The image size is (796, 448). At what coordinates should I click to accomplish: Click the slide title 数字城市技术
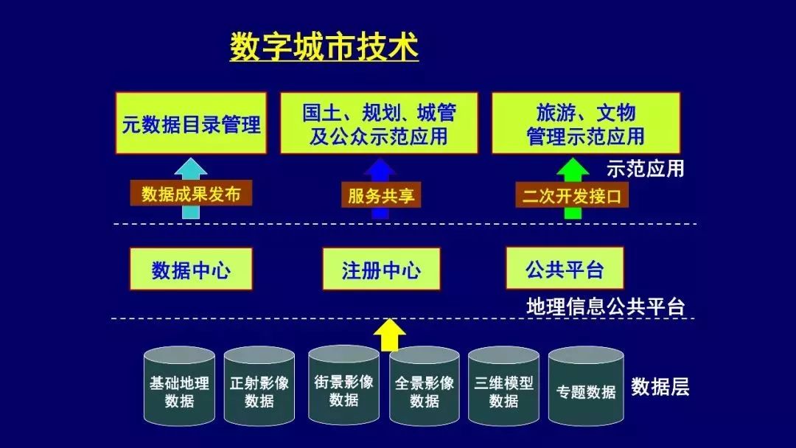pyautogui.click(x=324, y=46)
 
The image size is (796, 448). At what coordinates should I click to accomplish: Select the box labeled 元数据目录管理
pyautogui.click(x=191, y=123)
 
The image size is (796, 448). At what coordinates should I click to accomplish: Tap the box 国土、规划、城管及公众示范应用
pyautogui.click(x=380, y=123)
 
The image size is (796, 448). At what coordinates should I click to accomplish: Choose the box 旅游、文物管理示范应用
pyautogui.click(x=586, y=123)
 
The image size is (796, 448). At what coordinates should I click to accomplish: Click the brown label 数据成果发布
pyautogui.click(x=191, y=193)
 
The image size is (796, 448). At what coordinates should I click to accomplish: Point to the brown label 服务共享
pyautogui.click(x=381, y=195)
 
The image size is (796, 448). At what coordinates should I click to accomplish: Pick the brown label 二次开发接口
pyautogui.click(x=572, y=195)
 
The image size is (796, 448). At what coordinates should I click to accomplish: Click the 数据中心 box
pyautogui.click(x=191, y=269)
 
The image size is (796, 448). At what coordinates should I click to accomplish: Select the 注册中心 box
pyautogui.click(x=381, y=269)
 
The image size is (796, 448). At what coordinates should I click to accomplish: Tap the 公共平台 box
pyautogui.click(x=565, y=268)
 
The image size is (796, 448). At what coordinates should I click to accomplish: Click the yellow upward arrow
pyautogui.click(x=389, y=335)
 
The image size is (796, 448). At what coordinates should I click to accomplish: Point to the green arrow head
pyautogui.click(x=573, y=167)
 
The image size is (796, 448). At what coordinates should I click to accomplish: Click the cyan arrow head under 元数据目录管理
pyautogui.click(x=190, y=167)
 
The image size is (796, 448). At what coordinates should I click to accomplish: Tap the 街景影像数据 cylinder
pyautogui.click(x=343, y=385)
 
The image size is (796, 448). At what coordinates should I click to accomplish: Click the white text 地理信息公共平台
pyautogui.click(x=606, y=307)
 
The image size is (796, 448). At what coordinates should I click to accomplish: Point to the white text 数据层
pyautogui.click(x=660, y=387)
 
